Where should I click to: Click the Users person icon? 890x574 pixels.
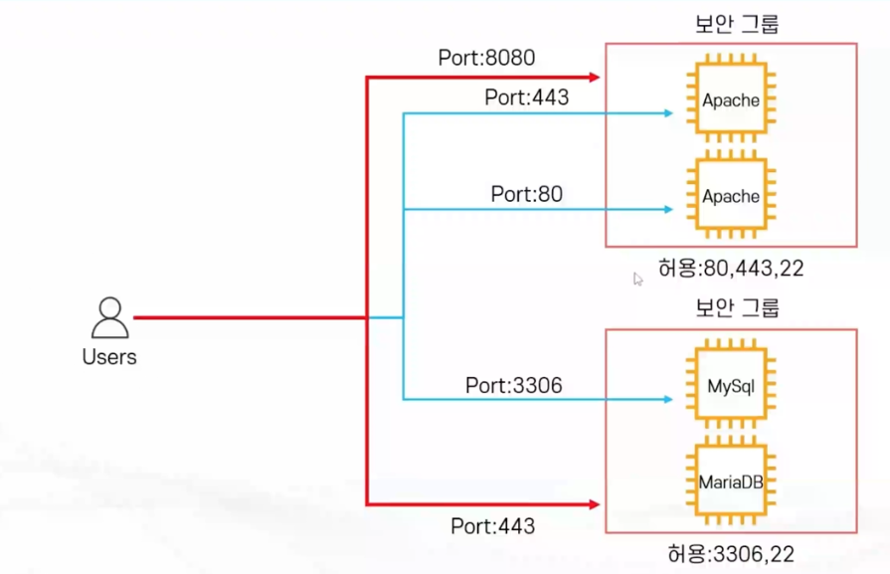click(x=109, y=318)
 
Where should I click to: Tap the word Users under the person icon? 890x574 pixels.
click(x=109, y=357)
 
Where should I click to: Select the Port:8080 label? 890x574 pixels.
click(x=486, y=59)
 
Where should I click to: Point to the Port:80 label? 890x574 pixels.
click(x=526, y=194)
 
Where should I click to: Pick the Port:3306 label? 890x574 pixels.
click(x=513, y=384)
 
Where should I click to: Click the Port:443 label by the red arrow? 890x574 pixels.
click(x=492, y=525)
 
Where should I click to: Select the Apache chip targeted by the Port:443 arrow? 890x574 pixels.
click(x=731, y=100)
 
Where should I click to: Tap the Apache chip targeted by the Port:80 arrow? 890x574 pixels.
click(x=731, y=196)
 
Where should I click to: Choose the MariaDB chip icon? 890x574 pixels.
click(x=731, y=482)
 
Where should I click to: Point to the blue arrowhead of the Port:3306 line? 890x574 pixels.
click(x=668, y=400)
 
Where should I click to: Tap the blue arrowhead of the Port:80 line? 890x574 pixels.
click(x=668, y=209)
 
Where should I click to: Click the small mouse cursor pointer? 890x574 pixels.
click(x=638, y=280)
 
